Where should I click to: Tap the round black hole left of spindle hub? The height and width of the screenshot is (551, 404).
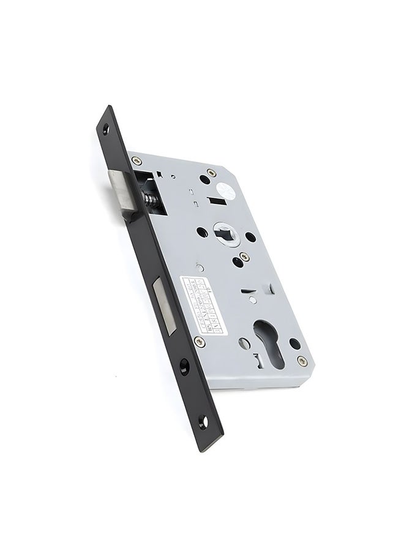[x=201, y=233]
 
